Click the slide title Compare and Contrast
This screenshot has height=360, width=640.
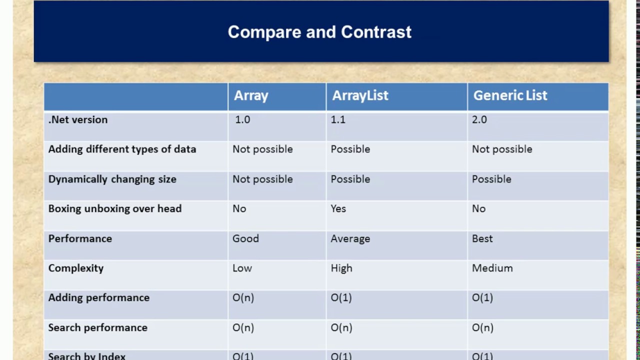click(319, 31)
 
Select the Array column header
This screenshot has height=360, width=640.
click(251, 95)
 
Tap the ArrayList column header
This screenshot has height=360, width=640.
click(360, 95)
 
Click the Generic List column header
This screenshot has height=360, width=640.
click(510, 95)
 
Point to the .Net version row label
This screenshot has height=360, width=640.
click(77, 119)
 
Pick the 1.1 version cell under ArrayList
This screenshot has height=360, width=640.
click(338, 119)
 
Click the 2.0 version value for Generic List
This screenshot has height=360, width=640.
click(479, 119)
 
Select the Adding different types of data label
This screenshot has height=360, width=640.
click(122, 149)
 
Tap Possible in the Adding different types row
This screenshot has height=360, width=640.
click(350, 149)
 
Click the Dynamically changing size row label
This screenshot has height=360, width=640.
click(112, 179)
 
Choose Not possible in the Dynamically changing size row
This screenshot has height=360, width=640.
click(262, 179)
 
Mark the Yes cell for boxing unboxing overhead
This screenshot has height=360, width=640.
click(338, 209)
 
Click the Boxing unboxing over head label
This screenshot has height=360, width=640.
click(115, 209)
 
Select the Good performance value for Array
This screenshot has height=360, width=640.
click(245, 238)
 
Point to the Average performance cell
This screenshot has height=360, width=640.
click(350, 239)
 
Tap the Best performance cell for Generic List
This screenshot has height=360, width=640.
click(482, 238)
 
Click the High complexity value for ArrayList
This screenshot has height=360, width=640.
click(341, 268)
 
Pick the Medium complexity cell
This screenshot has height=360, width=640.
click(492, 268)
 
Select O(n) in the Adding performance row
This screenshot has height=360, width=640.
click(243, 297)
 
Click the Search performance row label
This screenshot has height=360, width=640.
click(97, 327)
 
